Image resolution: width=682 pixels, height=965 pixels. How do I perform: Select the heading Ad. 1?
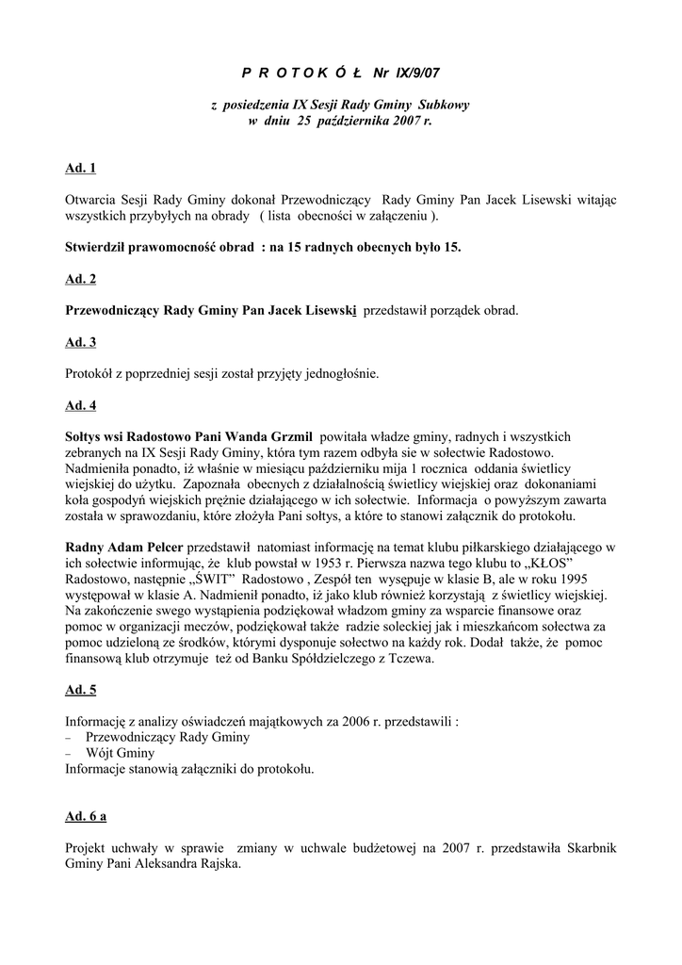[81, 169]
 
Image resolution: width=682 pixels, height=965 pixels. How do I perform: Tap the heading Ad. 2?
[81, 279]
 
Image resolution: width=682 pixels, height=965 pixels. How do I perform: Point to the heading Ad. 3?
[81, 343]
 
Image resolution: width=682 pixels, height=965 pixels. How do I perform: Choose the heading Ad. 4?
[81, 406]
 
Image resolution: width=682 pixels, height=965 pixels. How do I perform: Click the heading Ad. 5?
[81, 691]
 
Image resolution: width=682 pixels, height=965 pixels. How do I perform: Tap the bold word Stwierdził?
[100, 247]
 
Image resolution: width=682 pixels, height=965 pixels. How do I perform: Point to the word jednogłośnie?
[340, 374]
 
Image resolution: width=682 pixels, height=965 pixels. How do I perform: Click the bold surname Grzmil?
[286, 436]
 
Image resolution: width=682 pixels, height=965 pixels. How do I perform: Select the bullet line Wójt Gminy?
[120, 753]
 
